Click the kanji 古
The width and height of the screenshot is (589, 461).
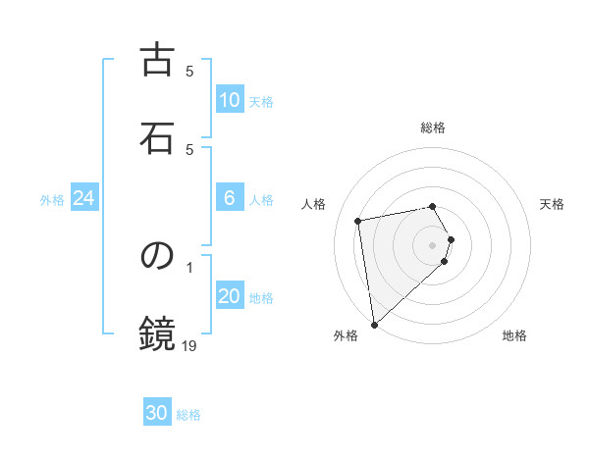point(157,60)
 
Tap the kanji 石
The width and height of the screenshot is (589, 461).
point(157,136)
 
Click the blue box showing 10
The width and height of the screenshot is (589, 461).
point(229,100)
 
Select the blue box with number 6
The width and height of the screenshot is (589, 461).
point(229,198)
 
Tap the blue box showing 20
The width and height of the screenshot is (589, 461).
point(229,297)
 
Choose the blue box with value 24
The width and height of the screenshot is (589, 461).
point(84,198)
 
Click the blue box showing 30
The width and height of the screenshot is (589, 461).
point(157,413)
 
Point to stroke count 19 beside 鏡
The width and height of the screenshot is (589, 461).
point(189,344)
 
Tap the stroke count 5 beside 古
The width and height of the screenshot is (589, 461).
point(189,71)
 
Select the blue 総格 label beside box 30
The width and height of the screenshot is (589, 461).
point(188,415)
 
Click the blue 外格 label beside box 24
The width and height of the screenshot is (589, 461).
point(52,200)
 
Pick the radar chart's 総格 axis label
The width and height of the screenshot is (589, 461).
point(433,128)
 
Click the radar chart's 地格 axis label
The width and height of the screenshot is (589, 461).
point(514,335)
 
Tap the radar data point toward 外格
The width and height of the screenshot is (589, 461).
point(374,324)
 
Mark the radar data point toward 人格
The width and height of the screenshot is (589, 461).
point(358,220)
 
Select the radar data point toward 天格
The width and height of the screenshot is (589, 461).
point(451,239)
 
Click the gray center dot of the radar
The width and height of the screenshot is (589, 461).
point(433,244)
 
